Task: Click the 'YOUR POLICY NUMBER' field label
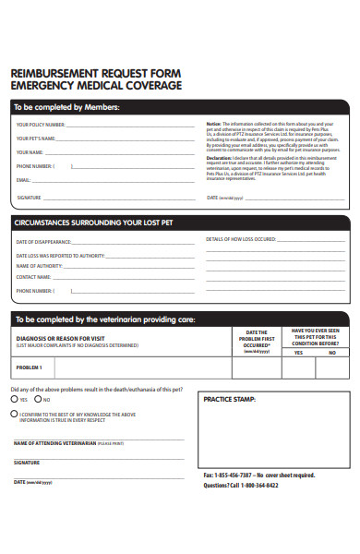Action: [41, 124]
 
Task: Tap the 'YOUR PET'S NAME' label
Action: [37, 138]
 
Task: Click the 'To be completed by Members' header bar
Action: [66, 106]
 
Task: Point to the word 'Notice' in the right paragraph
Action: [213, 124]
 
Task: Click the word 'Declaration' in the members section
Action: [219, 158]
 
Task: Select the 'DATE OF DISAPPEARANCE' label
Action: [43, 241]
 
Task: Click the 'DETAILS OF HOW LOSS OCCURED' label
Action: [241, 239]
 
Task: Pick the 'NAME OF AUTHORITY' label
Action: [38, 265]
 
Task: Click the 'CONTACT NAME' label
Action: [32, 276]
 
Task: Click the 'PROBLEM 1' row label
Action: [29, 367]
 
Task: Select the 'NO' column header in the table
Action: [331, 352]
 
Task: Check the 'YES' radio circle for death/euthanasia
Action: [13, 400]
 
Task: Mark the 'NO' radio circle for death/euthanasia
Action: [38, 400]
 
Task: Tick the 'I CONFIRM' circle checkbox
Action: [13, 415]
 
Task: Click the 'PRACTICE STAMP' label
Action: [230, 400]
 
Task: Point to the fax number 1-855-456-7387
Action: [234, 476]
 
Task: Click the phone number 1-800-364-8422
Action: [259, 485]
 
